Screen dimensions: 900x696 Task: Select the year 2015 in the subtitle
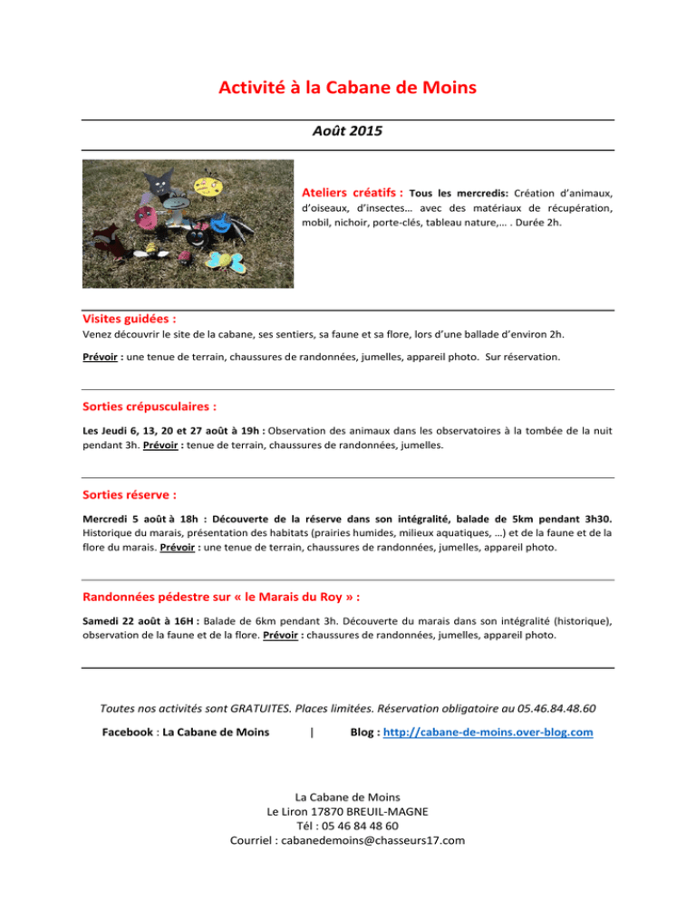[x=363, y=131]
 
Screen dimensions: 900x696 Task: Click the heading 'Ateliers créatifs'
[x=352, y=192]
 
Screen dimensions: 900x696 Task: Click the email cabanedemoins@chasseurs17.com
[x=348, y=840]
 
